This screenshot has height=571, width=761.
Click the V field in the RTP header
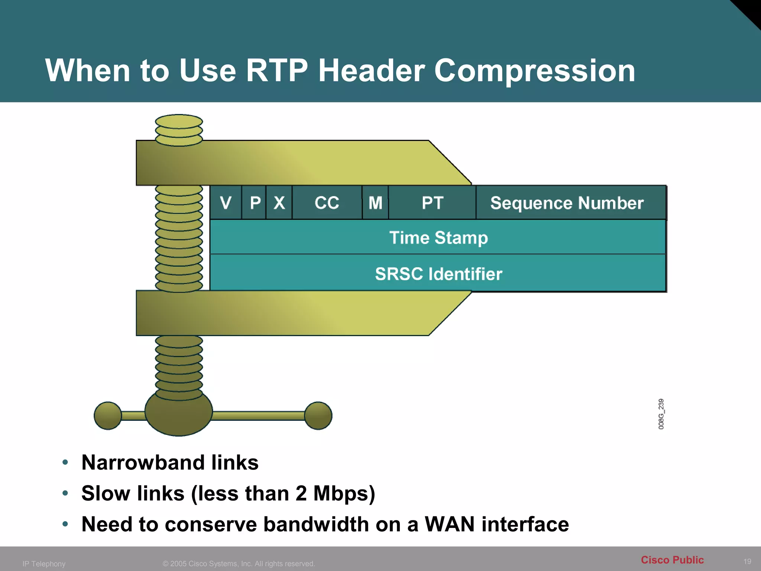click(x=226, y=203)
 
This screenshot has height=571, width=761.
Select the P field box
click(x=255, y=203)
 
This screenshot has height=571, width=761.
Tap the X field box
click(x=279, y=203)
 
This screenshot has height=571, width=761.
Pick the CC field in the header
click(x=327, y=203)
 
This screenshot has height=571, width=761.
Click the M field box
click(x=375, y=203)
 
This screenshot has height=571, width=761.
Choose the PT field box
click(x=433, y=203)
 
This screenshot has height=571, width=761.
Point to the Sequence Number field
click(x=567, y=203)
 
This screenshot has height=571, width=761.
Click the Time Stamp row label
click(x=438, y=238)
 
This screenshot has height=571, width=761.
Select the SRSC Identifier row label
click(x=438, y=274)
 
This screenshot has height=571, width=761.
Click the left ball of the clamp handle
click(x=108, y=416)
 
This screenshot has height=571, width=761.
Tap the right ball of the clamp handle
click(x=318, y=416)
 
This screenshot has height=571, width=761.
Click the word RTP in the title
click(x=277, y=71)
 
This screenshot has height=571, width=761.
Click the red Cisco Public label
click(x=672, y=560)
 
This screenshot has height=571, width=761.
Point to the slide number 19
click(x=747, y=561)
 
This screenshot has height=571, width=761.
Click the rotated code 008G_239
click(x=661, y=414)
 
